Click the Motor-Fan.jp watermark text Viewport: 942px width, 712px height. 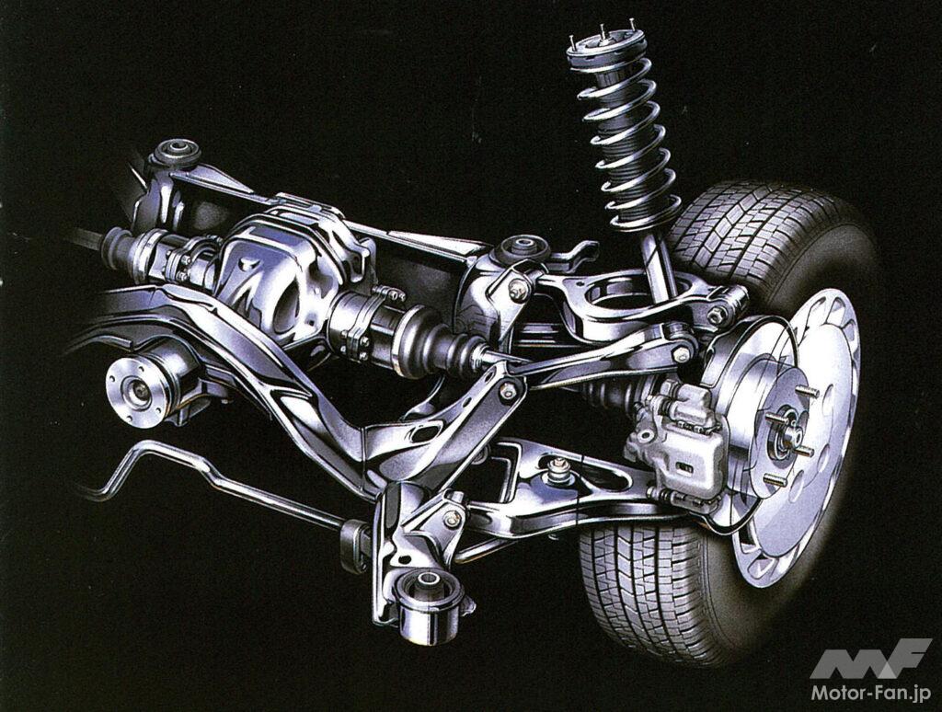click(x=871, y=693)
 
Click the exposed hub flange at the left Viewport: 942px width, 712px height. click(x=131, y=388)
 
